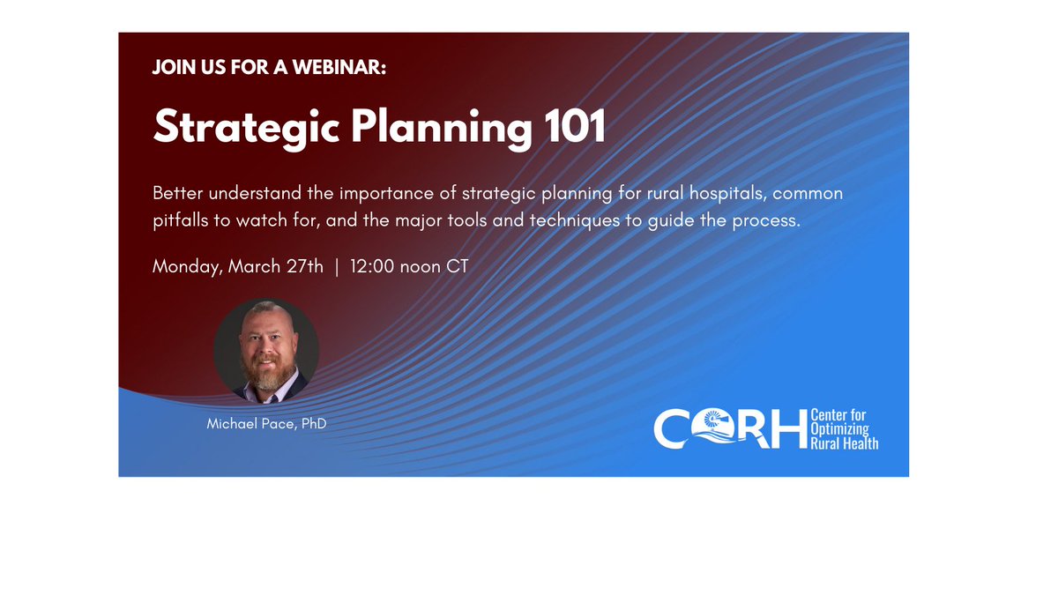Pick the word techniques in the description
(x=574, y=220)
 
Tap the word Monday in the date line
(x=187, y=266)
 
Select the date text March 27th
(x=276, y=266)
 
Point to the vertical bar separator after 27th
(x=336, y=266)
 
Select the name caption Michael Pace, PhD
(x=266, y=424)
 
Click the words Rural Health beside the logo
(x=844, y=443)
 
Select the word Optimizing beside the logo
(x=839, y=429)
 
